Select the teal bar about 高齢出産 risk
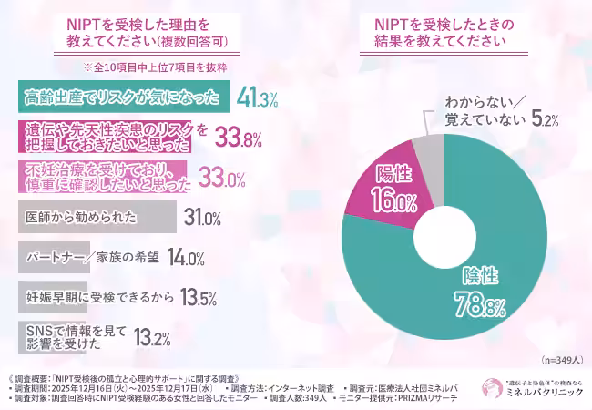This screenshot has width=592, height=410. pyautogui.click(x=118, y=97)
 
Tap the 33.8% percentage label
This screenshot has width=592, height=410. pyautogui.click(x=238, y=138)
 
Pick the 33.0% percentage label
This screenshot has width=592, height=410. pyautogui.click(x=223, y=179)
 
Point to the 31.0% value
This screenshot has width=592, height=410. pyautogui.click(x=202, y=219)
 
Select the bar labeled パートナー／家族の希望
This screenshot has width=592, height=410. pyautogui.click(x=83, y=257)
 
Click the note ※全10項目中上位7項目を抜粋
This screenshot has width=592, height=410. pyautogui.click(x=154, y=66)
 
